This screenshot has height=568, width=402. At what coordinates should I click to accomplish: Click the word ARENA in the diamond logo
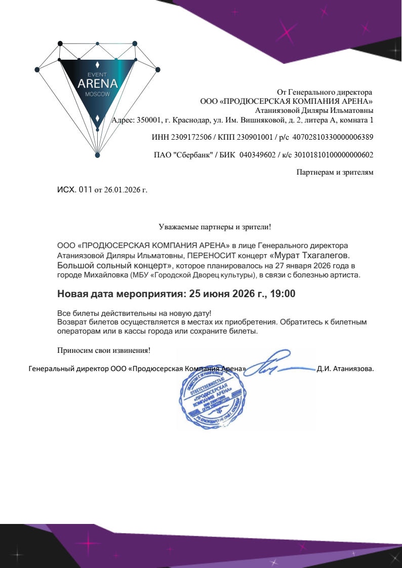(x=97, y=84)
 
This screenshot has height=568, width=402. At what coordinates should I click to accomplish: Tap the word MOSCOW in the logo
(x=97, y=95)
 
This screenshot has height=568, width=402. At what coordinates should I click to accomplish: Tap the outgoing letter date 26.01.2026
(x=122, y=190)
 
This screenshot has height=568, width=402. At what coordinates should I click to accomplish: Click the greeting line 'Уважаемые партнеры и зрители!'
(x=215, y=227)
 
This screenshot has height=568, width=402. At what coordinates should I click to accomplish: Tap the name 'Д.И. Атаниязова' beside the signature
(x=345, y=369)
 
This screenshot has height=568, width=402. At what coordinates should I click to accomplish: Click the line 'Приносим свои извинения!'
(x=104, y=350)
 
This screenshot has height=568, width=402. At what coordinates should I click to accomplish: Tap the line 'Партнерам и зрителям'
(x=335, y=173)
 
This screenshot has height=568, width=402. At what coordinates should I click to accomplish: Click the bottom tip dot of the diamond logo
(x=97, y=155)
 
